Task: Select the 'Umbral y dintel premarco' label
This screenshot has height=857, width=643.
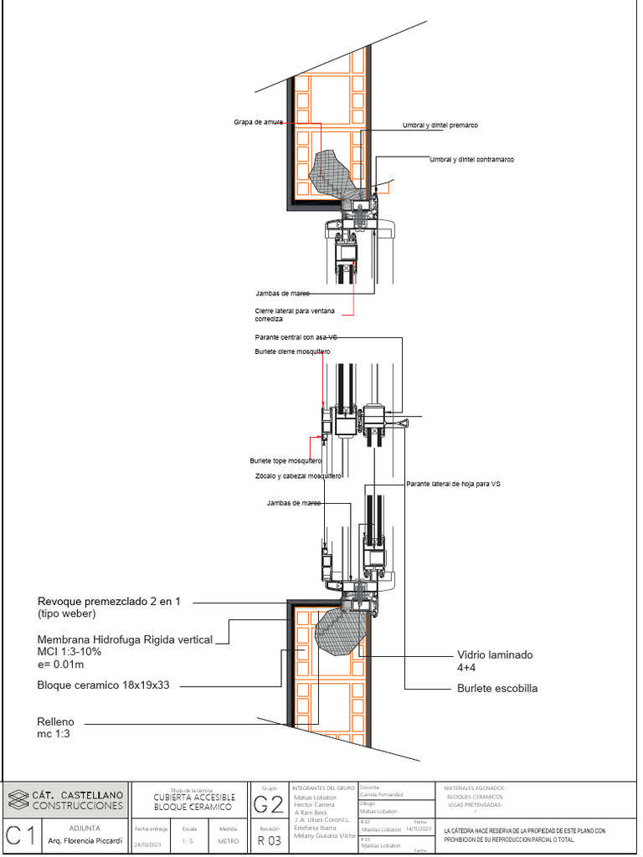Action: click(440, 125)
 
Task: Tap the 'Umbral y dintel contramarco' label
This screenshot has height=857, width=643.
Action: click(471, 159)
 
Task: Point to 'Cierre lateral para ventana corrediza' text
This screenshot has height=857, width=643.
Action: click(295, 315)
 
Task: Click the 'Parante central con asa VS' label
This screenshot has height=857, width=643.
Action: click(296, 337)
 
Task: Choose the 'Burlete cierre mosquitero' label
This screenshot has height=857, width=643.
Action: click(292, 352)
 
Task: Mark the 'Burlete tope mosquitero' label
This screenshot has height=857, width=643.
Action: click(285, 461)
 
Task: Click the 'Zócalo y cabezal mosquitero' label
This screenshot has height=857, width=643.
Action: click(298, 476)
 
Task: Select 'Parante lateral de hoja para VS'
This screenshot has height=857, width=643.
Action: click(453, 485)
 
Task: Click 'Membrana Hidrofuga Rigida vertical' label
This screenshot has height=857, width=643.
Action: click(125, 639)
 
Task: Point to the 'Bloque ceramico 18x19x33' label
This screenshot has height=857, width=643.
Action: click(102, 685)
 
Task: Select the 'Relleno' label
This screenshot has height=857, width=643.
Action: click(55, 721)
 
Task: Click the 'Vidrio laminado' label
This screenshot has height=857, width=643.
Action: click(495, 655)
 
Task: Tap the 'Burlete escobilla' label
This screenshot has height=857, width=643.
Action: click(497, 688)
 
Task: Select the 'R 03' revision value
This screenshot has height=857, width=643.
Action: click(269, 840)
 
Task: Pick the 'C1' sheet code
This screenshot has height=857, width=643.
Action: click(20, 835)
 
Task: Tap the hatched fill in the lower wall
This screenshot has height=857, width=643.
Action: click(341, 632)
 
